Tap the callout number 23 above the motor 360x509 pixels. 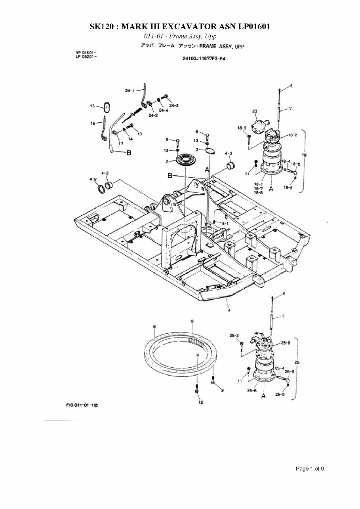click(255, 111)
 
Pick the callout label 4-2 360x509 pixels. click(93, 179)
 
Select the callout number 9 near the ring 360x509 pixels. click(222, 390)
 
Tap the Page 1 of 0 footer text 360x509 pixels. click(310, 469)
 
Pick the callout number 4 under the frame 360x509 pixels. click(229, 310)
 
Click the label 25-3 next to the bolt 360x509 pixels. click(234, 336)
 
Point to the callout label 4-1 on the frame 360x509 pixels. click(225, 224)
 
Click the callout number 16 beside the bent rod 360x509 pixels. click(93, 123)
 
